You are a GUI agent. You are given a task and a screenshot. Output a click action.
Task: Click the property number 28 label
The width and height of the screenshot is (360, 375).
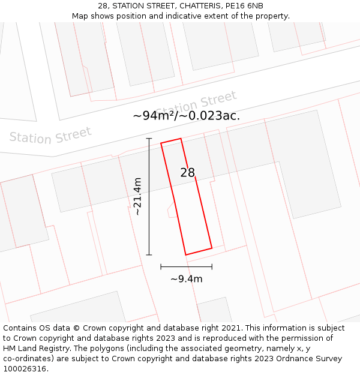coord(188,173)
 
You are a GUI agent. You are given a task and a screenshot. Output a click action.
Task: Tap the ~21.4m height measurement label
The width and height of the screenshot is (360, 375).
coord(137,196)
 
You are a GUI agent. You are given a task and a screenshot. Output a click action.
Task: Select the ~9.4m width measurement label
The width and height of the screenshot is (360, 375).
coord(187,278)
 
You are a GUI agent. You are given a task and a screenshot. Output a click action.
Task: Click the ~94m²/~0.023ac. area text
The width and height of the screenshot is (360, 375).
coord(187,115)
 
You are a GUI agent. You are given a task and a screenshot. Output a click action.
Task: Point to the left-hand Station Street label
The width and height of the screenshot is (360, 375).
coord(50,136)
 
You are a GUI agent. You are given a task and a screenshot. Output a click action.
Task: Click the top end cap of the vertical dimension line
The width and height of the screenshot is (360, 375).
coord(149,139)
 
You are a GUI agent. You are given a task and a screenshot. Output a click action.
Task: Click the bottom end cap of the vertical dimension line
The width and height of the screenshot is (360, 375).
coord(149,255)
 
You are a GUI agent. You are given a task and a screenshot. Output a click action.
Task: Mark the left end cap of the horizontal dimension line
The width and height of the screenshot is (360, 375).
coord(161,266)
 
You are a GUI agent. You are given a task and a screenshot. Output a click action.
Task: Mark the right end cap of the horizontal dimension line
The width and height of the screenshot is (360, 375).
coord(212,266)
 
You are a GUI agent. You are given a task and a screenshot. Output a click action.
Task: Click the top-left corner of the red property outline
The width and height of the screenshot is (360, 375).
coord(161,143)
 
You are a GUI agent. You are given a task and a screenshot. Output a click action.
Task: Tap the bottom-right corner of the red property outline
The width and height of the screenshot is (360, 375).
coord(212,248)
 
